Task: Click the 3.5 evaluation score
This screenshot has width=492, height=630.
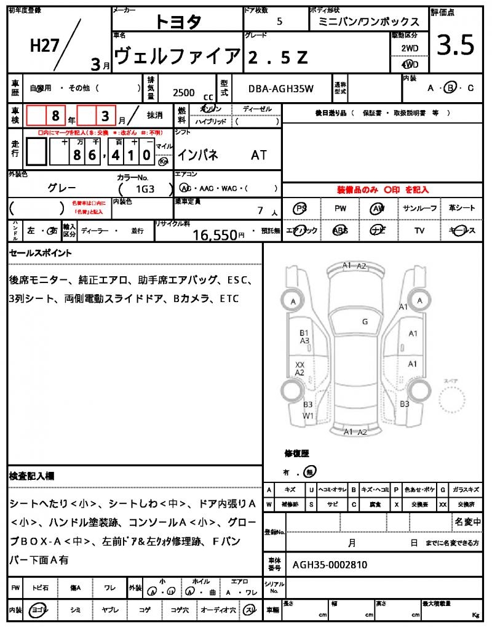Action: [x=455, y=45]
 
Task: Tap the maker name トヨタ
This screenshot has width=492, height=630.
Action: [x=178, y=22]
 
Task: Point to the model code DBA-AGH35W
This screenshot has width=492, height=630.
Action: [x=281, y=89]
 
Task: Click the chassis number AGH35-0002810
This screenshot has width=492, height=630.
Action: [x=330, y=564]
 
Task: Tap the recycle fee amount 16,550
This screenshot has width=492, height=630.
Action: [x=215, y=234]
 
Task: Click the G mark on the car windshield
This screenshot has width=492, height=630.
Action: [x=365, y=321]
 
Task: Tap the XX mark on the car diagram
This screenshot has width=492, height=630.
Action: [x=300, y=364]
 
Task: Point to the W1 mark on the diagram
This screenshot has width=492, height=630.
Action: [x=308, y=415]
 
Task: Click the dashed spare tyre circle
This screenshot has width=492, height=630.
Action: [x=453, y=402]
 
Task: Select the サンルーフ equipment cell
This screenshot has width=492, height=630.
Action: [x=420, y=209]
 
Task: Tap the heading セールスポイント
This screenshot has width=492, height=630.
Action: [x=41, y=253]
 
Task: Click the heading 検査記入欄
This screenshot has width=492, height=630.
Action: [x=32, y=476]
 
